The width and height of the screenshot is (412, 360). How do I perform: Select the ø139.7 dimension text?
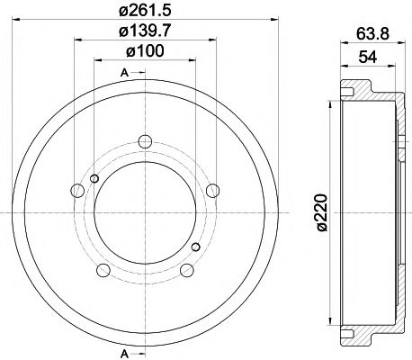[x=145, y=32]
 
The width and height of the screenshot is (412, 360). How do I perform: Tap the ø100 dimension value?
[x=145, y=51]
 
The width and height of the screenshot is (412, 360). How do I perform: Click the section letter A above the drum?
[x=122, y=71]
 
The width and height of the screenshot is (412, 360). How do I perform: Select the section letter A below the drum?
[x=122, y=352]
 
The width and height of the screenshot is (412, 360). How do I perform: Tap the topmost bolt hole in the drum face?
[x=144, y=140]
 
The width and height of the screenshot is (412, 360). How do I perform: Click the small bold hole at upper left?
[x=93, y=178]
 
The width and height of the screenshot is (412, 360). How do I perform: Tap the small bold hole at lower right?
[x=195, y=245]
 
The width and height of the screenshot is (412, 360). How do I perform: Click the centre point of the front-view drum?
[x=144, y=211]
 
